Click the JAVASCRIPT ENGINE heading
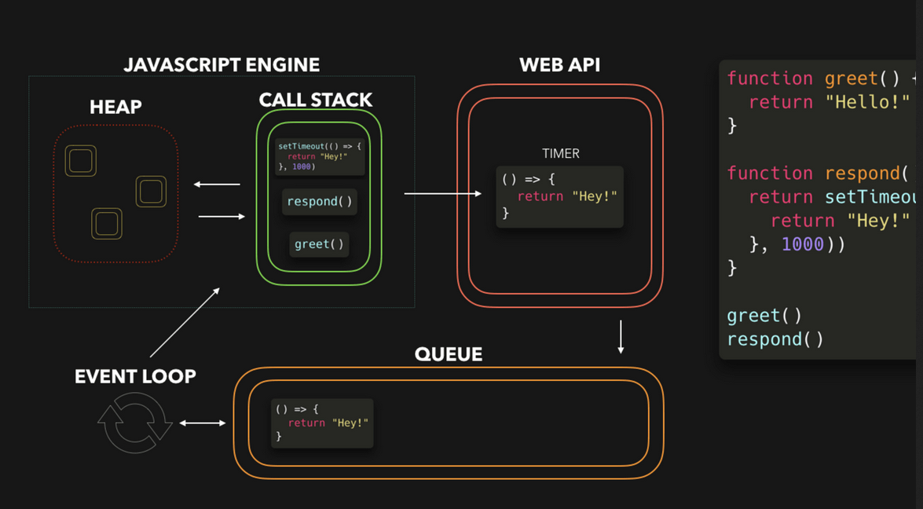[x=222, y=64]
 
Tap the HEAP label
[x=115, y=107]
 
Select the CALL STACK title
[x=316, y=100]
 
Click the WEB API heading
[x=559, y=64]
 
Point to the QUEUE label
[x=448, y=354]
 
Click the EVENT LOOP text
[x=135, y=376]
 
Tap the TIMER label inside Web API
[x=560, y=154]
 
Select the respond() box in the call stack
[x=319, y=202]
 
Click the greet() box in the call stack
[x=319, y=244]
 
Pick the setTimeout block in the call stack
[x=319, y=156]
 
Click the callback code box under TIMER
[x=559, y=196]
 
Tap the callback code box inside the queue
[x=322, y=423]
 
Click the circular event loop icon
[x=134, y=423]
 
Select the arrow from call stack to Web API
[x=442, y=193]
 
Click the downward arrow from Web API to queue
[x=621, y=336]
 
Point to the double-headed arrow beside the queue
[x=203, y=423]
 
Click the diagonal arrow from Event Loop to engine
[x=185, y=323]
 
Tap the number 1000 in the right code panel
[x=802, y=244]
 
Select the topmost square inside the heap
[x=81, y=161]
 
